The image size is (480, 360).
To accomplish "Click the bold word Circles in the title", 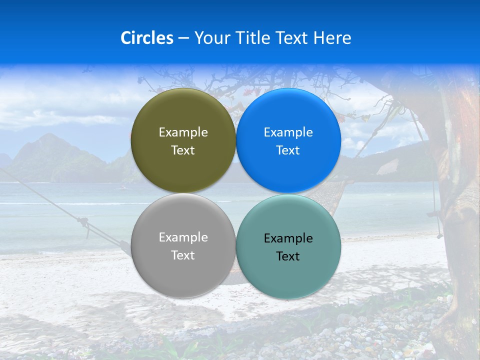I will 146,38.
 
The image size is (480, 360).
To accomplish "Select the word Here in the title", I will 332,38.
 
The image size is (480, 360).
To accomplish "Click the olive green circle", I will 183,110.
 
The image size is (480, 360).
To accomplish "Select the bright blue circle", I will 288,110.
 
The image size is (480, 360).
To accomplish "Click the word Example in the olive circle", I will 183,132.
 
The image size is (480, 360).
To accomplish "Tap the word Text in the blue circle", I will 288,150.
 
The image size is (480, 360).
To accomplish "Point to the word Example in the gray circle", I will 183,237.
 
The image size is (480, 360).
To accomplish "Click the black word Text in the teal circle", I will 288,256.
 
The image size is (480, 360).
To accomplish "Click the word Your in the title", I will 211,38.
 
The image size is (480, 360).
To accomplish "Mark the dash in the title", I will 183,38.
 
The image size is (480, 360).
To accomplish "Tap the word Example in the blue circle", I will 288,132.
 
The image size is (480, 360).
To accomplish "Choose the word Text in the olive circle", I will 183,150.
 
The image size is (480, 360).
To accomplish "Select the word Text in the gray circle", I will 183,255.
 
